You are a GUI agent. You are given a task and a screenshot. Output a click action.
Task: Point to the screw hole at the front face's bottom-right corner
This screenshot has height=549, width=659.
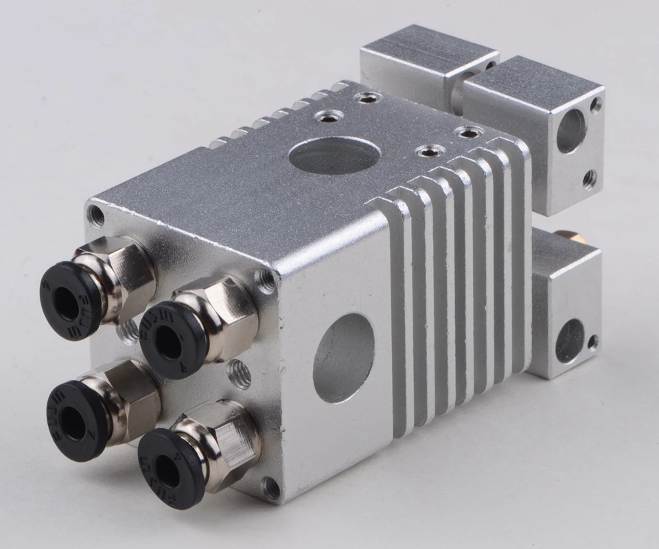(x=271, y=488)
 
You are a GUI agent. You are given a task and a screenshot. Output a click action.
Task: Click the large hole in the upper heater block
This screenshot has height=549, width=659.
(x=570, y=131)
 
